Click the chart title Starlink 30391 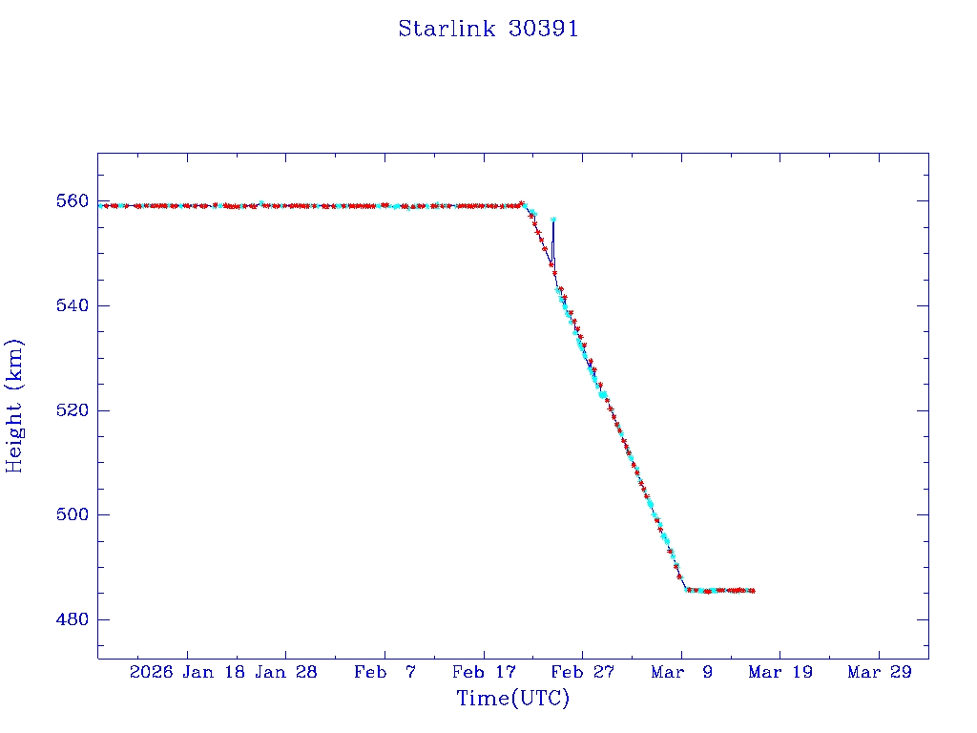[488, 29]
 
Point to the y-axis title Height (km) [14, 405]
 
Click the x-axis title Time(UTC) [512, 699]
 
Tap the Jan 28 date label [286, 672]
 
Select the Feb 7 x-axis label [385, 672]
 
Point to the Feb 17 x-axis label [484, 672]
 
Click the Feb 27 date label [583, 672]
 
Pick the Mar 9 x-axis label [681, 672]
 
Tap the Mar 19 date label [780, 672]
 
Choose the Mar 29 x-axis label [879, 672]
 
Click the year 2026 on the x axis [151, 672]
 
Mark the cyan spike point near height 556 [553, 220]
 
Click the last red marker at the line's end [754, 591]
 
